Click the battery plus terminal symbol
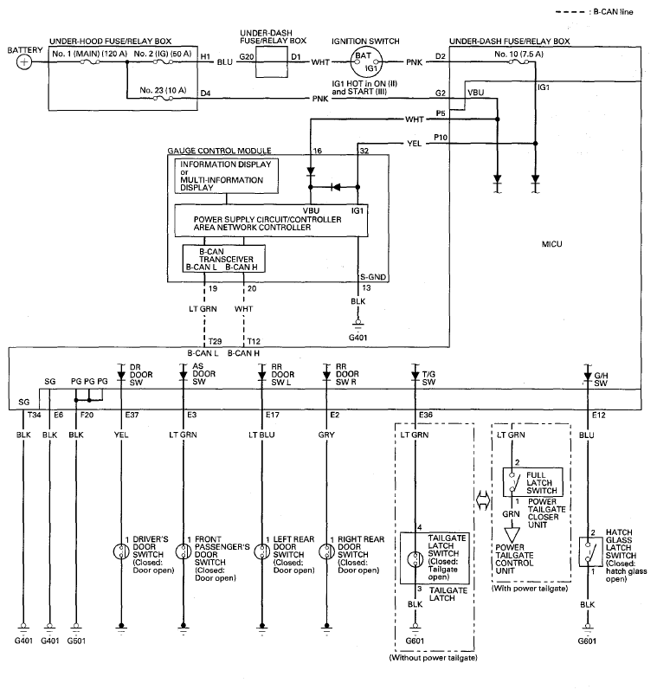24,61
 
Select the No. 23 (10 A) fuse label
163,90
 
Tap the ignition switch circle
366,62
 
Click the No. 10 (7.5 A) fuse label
519,55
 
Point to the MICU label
551,244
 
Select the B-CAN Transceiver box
224,259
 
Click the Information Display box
227,176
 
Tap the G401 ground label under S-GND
357,338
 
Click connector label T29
215,341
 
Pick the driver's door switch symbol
121,551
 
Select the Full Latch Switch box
532,482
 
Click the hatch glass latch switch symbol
590,551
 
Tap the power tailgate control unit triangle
512,535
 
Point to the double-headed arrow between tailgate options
483,501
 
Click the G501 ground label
76,641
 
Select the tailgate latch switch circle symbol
415,559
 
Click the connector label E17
273,415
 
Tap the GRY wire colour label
326,435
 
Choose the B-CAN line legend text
614,12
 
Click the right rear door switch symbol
327,551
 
